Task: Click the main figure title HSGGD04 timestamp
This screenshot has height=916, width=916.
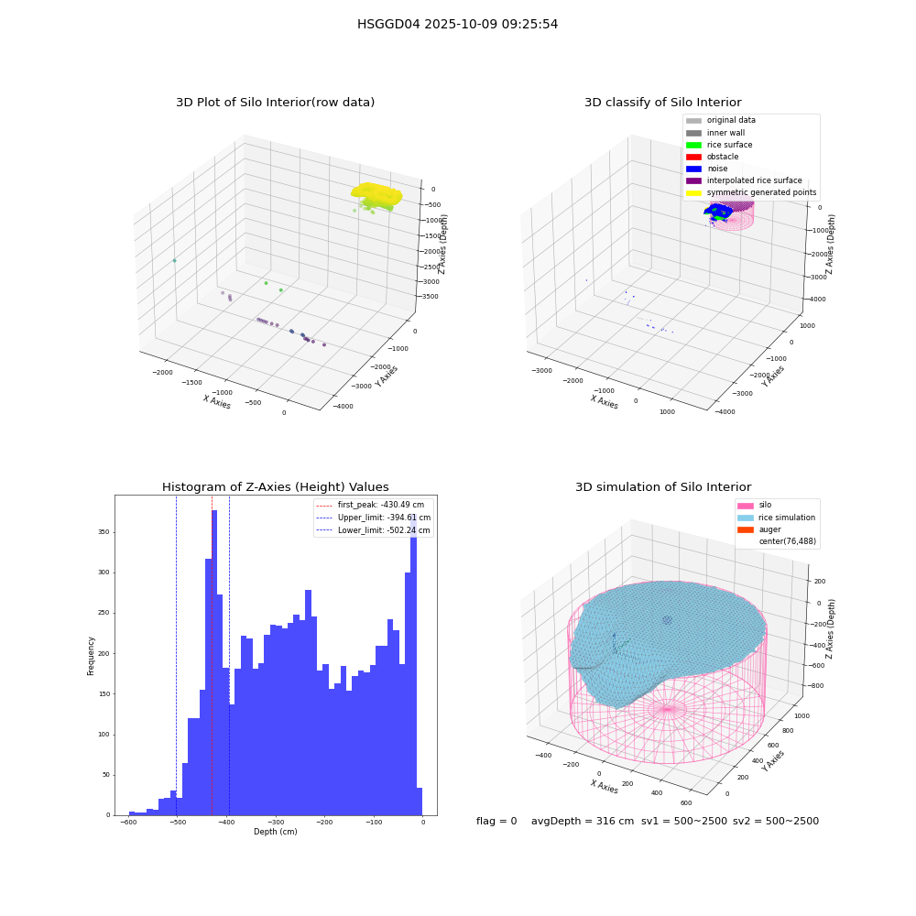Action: (x=457, y=24)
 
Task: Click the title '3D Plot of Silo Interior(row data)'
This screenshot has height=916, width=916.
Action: (x=275, y=103)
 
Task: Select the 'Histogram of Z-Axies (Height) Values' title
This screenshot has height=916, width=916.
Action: (x=275, y=486)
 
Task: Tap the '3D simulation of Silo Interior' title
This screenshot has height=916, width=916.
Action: (x=663, y=486)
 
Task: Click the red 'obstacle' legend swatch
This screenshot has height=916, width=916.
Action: (x=693, y=157)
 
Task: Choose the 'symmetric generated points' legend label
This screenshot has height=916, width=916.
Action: (x=761, y=192)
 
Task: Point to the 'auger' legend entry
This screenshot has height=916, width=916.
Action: (x=769, y=529)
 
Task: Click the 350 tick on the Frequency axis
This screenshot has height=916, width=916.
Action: (x=104, y=532)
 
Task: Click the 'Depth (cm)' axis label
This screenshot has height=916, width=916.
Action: (x=276, y=832)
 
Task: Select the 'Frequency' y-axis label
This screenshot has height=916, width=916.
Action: (x=91, y=656)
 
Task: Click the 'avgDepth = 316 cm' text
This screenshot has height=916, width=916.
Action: (x=583, y=821)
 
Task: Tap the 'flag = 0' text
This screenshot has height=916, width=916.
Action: (x=496, y=821)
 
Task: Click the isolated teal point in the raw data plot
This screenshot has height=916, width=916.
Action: (x=174, y=260)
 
